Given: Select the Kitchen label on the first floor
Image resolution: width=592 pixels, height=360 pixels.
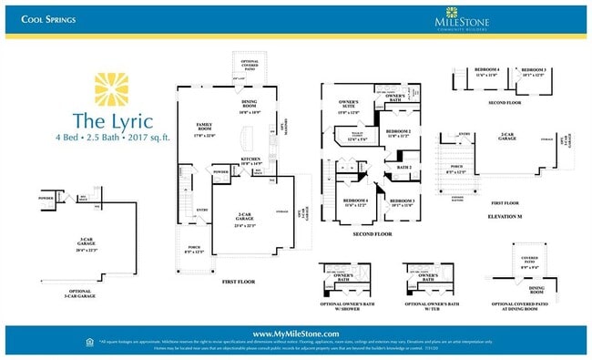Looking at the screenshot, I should pyautogui.click(x=250, y=160).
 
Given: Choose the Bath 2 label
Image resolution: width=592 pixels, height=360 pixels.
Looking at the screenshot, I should pyautogui.click(x=403, y=168).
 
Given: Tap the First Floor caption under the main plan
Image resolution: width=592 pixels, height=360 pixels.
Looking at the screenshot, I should pyautogui.click(x=240, y=283).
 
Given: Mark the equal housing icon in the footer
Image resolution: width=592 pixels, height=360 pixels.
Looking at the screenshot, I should pyautogui.click(x=88, y=342).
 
